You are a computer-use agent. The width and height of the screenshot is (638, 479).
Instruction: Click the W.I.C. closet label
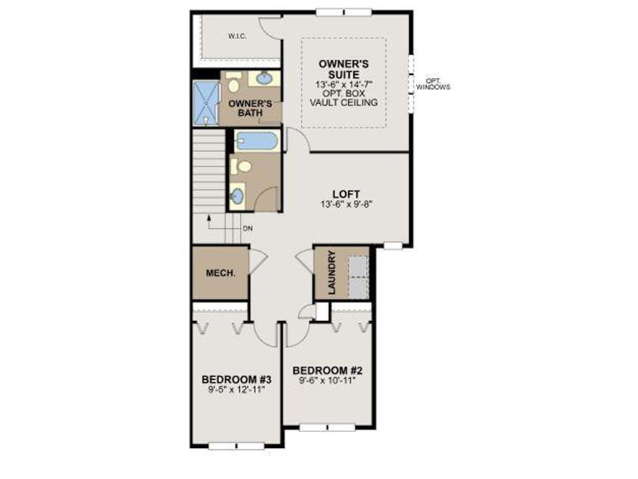tap(237, 37)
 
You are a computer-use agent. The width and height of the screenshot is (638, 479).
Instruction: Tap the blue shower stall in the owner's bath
tap(205, 104)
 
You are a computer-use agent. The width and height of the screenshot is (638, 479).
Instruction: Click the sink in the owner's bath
tap(264, 79)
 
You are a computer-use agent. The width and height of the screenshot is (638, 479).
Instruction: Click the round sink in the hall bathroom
tap(237, 196)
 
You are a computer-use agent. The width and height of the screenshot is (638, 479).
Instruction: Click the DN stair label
tap(247, 229)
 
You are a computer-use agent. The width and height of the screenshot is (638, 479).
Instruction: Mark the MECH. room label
tap(221, 273)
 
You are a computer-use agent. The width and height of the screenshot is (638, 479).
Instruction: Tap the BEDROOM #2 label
tap(326, 369)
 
